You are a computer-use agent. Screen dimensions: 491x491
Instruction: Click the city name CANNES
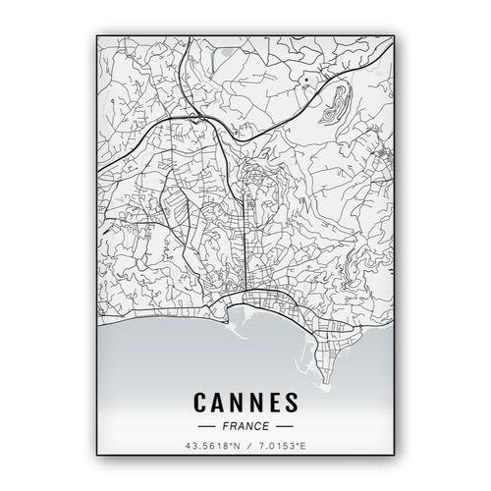click(245, 403)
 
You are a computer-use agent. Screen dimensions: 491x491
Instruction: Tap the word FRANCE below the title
click(245, 427)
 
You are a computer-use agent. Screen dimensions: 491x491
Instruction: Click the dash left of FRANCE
click(206, 427)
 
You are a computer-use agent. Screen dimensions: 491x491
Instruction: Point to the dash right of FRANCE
click(284, 427)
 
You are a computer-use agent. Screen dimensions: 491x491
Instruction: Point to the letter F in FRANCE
click(225, 427)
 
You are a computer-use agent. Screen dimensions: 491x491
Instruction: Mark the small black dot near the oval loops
click(306, 79)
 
